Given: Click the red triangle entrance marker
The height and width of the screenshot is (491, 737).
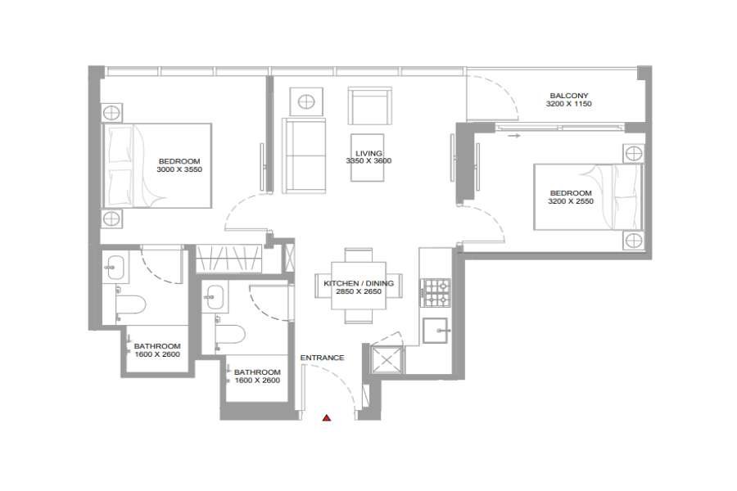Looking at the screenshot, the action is pyautogui.click(x=327, y=417).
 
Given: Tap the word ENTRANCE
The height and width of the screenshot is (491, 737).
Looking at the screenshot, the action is pyautogui.click(x=322, y=358).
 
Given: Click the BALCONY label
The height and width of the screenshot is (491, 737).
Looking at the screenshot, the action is pyautogui.click(x=569, y=96).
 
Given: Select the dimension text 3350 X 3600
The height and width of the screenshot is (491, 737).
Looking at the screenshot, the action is pyautogui.click(x=368, y=160).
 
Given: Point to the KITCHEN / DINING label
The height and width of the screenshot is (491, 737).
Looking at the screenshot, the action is pyautogui.click(x=359, y=283).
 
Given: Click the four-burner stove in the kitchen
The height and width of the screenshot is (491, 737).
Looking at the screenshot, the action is pyautogui.click(x=436, y=293).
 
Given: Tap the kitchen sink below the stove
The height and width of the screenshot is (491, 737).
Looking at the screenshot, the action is pyautogui.click(x=436, y=331).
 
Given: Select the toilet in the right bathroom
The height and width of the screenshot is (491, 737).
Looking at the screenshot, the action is pyautogui.click(x=230, y=335).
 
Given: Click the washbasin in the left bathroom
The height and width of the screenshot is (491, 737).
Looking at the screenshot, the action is pyautogui.click(x=113, y=267).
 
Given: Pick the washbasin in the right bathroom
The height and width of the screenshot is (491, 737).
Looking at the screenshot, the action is pyautogui.click(x=215, y=296).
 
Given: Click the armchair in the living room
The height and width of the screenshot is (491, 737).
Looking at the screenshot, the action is pyautogui.click(x=370, y=106).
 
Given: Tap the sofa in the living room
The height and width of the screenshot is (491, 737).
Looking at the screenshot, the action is pyautogui.click(x=304, y=155).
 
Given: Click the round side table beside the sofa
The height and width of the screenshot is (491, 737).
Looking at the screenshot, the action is pyautogui.click(x=306, y=101).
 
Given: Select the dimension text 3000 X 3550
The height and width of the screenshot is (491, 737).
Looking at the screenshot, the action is pyautogui.click(x=179, y=169).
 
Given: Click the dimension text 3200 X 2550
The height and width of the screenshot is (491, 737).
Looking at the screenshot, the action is pyautogui.click(x=571, y=201).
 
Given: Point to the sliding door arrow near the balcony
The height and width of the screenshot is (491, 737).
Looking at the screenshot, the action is pyautogui.click(x=513, y=136).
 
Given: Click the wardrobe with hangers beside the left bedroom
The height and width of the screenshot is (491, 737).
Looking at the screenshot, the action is pyautogui.click(x=228, y=259).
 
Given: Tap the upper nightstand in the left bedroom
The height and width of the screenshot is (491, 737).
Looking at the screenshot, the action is pyautogui.click(x=112, y=113).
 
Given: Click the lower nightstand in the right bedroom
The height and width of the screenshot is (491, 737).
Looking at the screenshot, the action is pyautogui.click(x=634, y=241).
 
